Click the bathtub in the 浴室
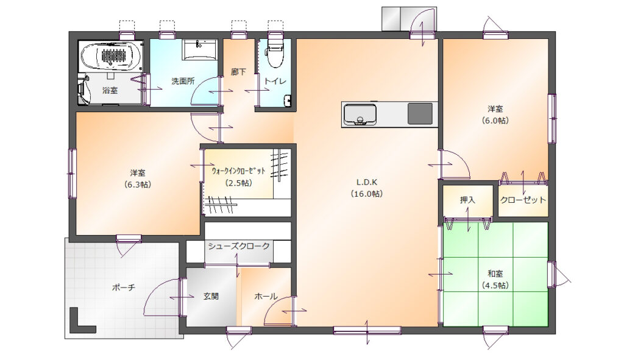click(x=111, y=56)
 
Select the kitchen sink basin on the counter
click(x=360, y=115)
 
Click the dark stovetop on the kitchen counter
click(x=420, y=113)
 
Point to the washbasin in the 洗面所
click(x=199, y=50)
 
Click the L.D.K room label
click(x=366, y=182)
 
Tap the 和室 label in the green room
click(x=495, y=274)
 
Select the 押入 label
click(x=467, y=200)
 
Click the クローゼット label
click(x=522, y=200)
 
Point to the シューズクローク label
click(x=239, y=246)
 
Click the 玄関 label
click(x=211, y=297)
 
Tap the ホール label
click(x=266, y=297)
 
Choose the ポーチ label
click(x=123, y=287)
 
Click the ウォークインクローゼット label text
click(x=238, y=171)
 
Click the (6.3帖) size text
click(x=137, y=185)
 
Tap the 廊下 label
click(x=238, y=72)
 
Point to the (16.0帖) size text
click(x=366, y=194)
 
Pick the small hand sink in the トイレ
click(x=288, y=101)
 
